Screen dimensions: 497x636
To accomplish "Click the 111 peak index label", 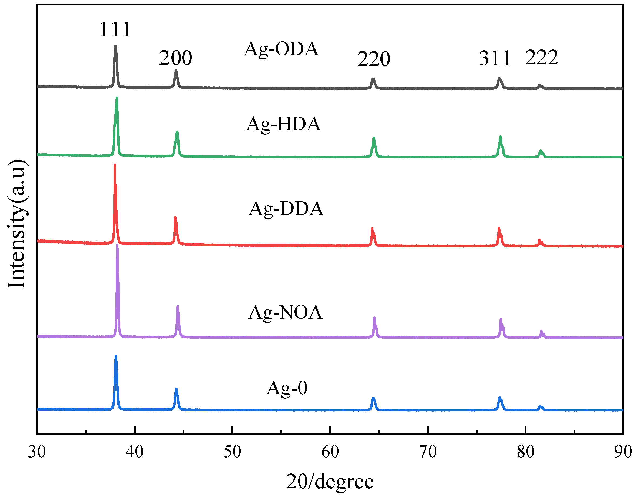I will coord(115,30).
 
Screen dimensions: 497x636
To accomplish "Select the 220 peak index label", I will coord(374,59).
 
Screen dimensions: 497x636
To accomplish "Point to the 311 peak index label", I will coord(495,58).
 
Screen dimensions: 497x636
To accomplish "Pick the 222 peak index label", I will coord(542,57).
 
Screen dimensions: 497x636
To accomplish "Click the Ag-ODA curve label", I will coord(281,49).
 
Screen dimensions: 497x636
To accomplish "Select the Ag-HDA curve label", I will coord(283,124).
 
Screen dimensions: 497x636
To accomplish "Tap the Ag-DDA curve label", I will coord(286,209).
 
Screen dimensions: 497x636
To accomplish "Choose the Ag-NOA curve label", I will coord(285,312).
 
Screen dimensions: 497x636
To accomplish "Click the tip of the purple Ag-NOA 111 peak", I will coord(117,245).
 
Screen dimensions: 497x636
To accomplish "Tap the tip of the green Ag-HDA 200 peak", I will coord(177,132).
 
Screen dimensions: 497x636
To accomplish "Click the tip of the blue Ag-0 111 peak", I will coord(116,356).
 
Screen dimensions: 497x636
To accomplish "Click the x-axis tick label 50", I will coord(232,452).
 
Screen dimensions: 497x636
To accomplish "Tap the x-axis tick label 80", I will coord(525,452).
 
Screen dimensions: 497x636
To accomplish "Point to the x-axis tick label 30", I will coord(37,452).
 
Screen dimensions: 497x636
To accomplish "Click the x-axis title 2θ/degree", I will coord(330,482).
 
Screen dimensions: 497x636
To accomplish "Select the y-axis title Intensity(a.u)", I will coord(16,224).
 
